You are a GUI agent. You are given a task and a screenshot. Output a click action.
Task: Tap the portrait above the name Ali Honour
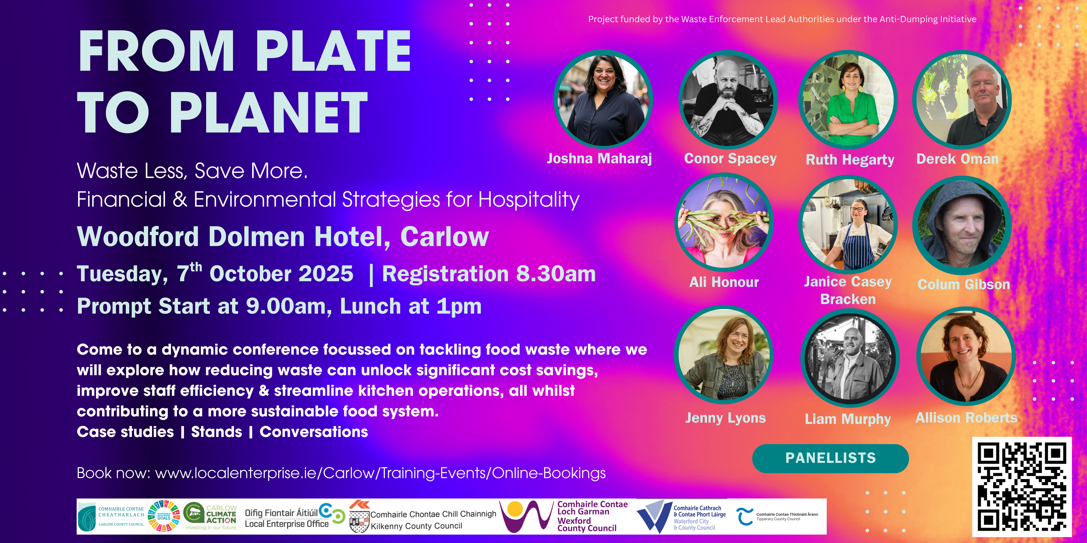tap(724, 222)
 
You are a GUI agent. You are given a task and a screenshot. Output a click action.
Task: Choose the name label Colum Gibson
tap(964, 285)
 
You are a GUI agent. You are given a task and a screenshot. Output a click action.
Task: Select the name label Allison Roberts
tap(966, 418)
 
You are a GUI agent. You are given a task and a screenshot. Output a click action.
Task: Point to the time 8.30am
tap(556, 274)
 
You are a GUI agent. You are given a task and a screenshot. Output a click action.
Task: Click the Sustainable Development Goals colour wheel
tap(164, 516)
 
